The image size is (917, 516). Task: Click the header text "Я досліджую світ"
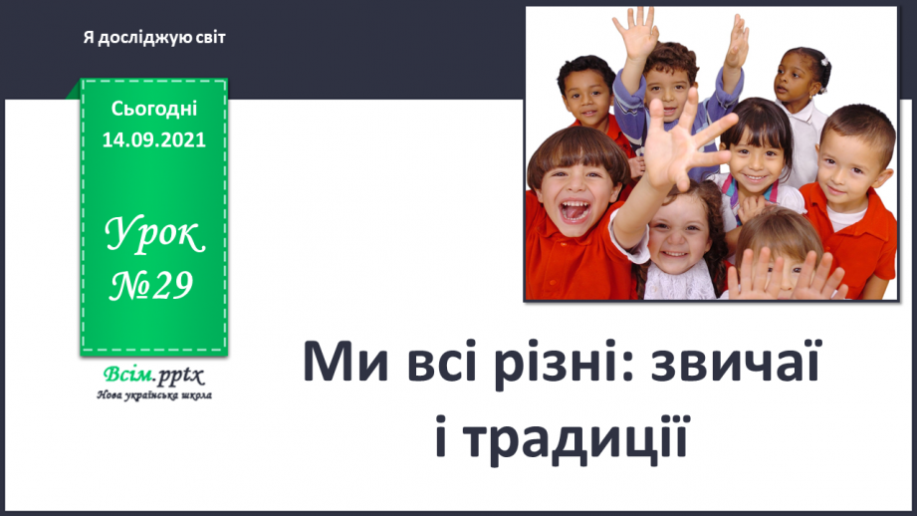[x=153, y=38]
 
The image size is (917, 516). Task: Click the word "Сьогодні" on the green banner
[x=153, y=109]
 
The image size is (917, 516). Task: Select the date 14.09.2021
[x=153, y=139]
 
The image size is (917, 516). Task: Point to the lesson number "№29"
[x=151, y=286]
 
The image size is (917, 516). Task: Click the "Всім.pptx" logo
[x=153, y=375]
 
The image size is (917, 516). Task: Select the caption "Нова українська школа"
[x=154, y=395]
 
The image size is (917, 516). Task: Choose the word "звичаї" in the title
[x=736, y=361]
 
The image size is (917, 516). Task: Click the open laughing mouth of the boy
[x=574, y=209]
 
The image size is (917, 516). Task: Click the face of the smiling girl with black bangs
[x=753, y=159]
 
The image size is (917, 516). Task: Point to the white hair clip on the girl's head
[x=824, y=62]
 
